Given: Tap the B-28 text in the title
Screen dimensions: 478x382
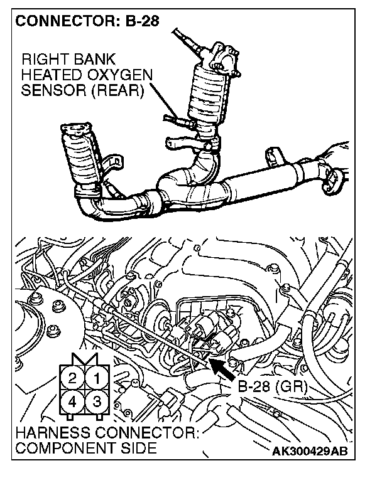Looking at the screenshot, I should (x=139, y=21).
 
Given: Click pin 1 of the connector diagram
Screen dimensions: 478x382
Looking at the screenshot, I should (x=96, y=378).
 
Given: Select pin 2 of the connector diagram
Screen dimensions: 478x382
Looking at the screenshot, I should (x=73, y=378).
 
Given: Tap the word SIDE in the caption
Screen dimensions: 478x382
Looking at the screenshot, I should (x=136, y=449).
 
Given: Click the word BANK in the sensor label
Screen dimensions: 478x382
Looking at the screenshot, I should (x=94, y=60).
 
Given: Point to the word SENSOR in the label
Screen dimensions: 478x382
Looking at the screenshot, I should (x=50, y=90).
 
